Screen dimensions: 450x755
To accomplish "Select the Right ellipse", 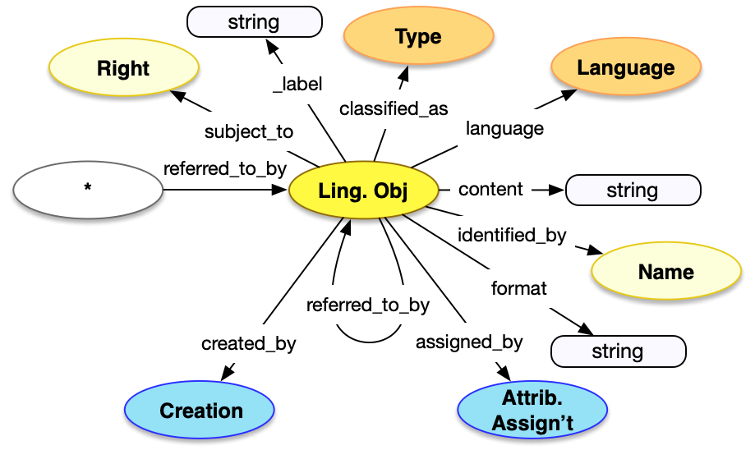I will pos(123,68).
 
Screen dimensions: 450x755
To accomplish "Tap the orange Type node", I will pos(417,37).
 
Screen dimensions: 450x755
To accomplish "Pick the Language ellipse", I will pos(625,68).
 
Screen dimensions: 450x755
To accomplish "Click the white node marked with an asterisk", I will pos(88,189).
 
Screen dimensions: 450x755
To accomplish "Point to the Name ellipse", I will pos(665,272).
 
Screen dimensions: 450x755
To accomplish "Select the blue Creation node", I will pos(201,411).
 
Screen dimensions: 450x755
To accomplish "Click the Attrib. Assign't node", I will pos(532,411).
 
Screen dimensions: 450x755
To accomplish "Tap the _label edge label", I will pos(297,83).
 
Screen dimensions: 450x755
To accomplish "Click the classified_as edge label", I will pos(394,108).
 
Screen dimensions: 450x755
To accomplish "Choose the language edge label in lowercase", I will pos(504,128).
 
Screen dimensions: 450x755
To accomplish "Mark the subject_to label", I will pos(248,131).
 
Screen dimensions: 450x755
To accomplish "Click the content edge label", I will pos(490,189).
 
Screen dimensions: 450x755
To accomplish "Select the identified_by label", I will pos(512,235).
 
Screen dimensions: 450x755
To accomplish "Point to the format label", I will pos(518,288).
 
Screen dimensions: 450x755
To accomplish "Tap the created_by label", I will pos(248,343).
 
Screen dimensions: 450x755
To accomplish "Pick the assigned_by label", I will pos(469,341).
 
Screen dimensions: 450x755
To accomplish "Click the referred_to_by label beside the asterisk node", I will pos(224,169).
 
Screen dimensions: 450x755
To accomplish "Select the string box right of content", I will pos(633,191).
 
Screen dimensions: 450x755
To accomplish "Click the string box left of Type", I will pos(254,22).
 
